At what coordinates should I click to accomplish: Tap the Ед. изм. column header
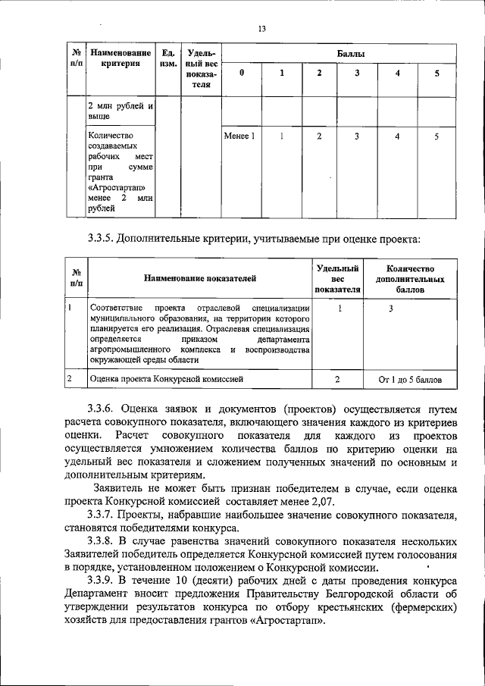pyautogui.click(x=168, y=60)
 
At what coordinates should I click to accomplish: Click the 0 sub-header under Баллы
pyautogui.click(x=241, y=74)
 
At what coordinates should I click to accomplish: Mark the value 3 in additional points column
pyautogui.click(x=390, y=309)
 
